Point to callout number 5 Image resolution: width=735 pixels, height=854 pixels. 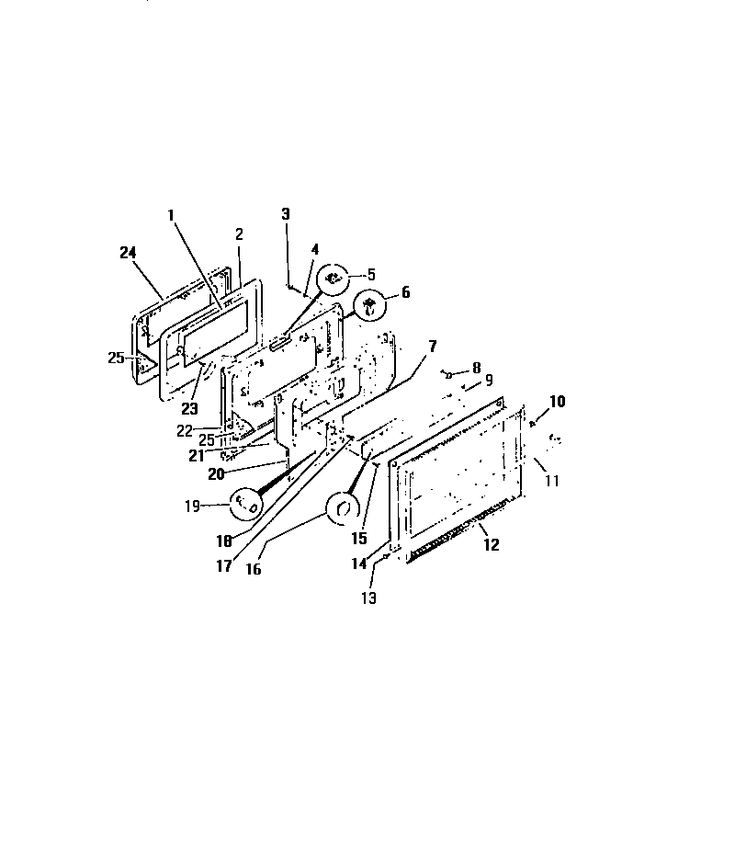pyautogui.click(x=372, y=273)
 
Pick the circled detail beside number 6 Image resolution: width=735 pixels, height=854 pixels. pyautogui.click(x=369, y=303)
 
